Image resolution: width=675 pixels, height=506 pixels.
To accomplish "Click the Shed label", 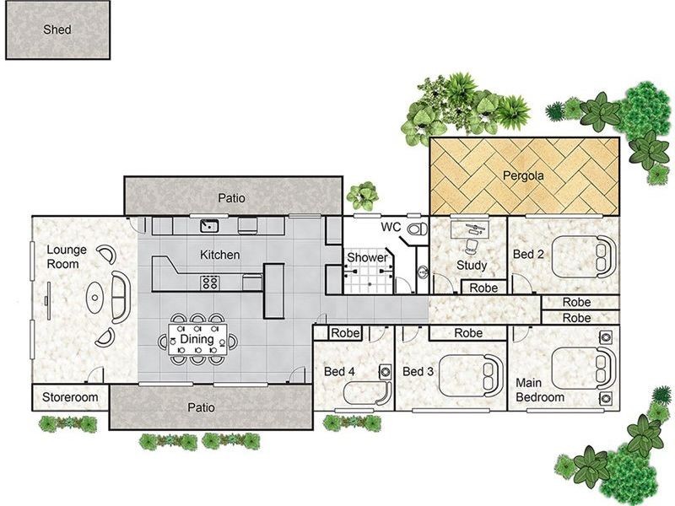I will (x=57, y=30).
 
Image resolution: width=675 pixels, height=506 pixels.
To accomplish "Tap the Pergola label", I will (x=524, y=177).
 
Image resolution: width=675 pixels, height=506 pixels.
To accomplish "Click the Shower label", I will (x=367, y=258).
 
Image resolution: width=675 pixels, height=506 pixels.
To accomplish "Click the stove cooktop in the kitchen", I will (x=209, y=282).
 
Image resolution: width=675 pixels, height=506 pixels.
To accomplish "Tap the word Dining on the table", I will (x=197, y=339).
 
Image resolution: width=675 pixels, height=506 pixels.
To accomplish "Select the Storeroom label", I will (x=71, y=397).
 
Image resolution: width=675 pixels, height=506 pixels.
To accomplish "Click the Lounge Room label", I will (x=63, y=256).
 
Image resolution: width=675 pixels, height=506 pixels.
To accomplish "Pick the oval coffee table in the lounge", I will (x=98, y=297).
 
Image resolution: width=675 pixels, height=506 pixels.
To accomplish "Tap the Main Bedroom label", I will (x=541, y=390).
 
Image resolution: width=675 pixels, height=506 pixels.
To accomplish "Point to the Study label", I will (x=472, y=266).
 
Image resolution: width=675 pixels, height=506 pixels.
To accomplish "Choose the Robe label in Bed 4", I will (x=345, y=333).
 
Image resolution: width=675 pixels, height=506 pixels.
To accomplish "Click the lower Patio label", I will (x=201, y=407).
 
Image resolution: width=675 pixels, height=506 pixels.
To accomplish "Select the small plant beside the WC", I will (x=363, y=196).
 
